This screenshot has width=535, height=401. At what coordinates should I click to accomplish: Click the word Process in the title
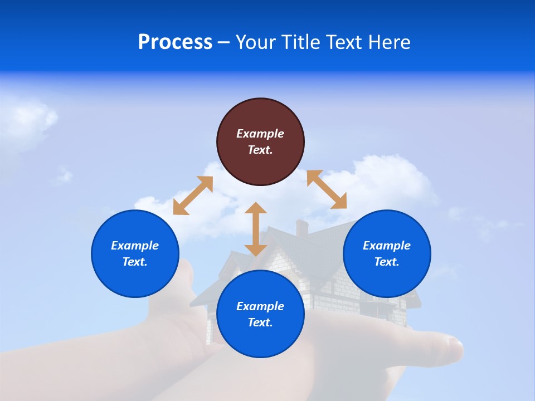pos(175,42)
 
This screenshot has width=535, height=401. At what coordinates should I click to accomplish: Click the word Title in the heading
pos(300,42)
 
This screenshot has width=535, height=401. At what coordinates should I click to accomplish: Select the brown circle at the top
pos(260,141)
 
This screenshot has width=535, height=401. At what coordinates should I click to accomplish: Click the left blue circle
pos(135,253)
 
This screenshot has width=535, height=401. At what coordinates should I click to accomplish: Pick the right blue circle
pos(387,253)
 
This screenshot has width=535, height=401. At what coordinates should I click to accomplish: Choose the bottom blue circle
pos(260,314)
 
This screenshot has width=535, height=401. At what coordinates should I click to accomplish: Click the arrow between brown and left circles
pos(193,195)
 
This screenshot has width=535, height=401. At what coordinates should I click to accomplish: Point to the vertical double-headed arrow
pos(256,229)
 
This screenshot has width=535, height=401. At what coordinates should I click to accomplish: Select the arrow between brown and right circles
pos(327,189)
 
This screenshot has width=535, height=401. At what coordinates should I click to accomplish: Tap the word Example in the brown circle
pos(260,134)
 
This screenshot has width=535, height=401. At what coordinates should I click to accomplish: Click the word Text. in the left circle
pos(135,262)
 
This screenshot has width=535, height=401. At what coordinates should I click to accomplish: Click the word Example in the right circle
pos(387,246)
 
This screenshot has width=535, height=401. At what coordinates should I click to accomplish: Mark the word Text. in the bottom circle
pos(260,322)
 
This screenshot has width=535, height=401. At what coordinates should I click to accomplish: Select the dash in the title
pos(223,42)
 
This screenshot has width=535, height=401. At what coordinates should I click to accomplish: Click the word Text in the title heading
pos(344,42)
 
